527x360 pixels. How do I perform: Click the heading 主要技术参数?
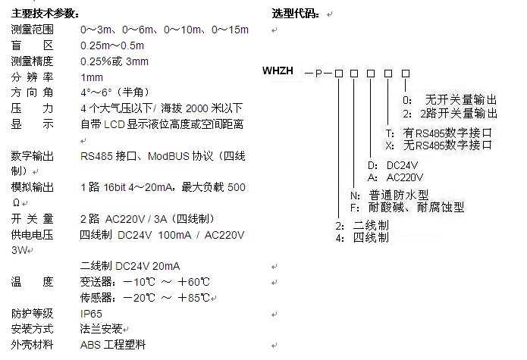[45, 14]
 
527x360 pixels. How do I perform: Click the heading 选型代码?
[296, 14]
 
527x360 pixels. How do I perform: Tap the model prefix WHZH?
[278, 72]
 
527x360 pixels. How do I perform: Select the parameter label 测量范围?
[33, 30]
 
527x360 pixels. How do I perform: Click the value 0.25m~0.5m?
[112, 45]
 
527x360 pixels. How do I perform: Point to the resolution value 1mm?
[92, 77]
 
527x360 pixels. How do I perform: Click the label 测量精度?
[33, 61]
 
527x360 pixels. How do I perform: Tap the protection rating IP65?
[91, 314]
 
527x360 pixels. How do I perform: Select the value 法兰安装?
[102, 330]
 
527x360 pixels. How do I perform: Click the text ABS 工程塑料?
[112, 346]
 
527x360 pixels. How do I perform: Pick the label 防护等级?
[33, 314]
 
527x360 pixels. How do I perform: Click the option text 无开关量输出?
[460, 100]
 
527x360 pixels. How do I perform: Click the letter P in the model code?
[318, 73]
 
